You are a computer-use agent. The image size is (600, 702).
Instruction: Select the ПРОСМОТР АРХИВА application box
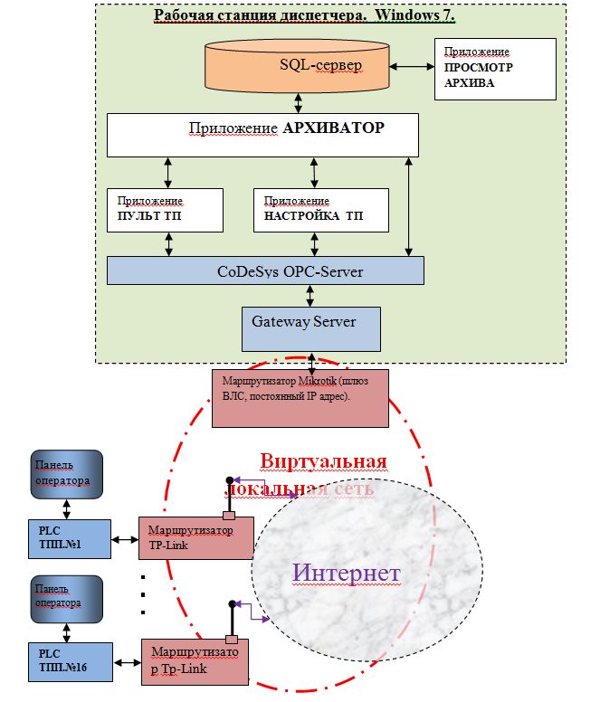click(495, 69)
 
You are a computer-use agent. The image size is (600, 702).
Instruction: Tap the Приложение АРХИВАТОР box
click(262, 135)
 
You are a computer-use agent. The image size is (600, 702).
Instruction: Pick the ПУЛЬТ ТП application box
click(165, 209)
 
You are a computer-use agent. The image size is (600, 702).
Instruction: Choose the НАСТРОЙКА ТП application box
click(321, 209)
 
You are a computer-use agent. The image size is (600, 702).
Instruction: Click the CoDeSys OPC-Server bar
click(265, 270)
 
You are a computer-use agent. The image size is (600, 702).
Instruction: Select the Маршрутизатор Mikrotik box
click(300, 397)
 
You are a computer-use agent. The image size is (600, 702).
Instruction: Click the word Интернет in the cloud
click(347, 574)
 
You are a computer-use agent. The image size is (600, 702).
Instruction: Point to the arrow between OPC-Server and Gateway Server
click(310, 296)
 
